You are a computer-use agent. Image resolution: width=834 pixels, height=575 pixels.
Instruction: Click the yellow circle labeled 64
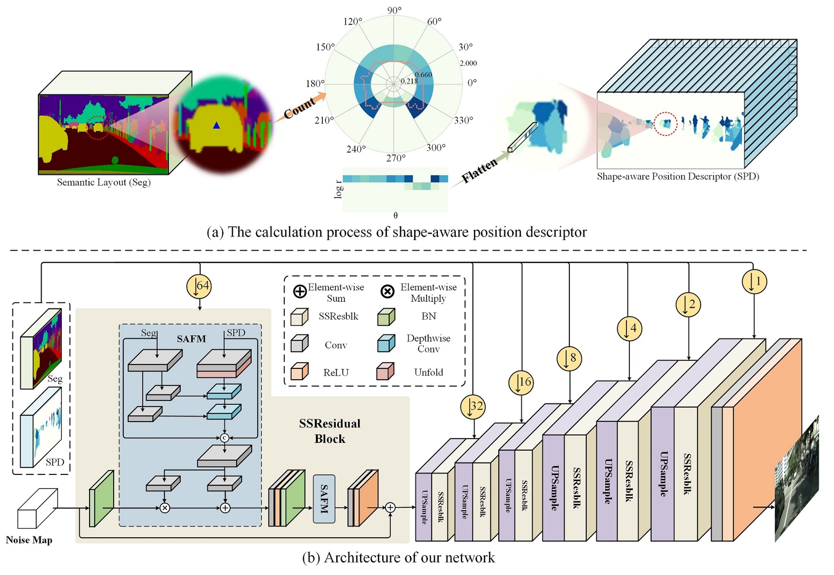point(199,286)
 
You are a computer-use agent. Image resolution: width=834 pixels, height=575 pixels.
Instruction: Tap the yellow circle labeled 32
point(473,406)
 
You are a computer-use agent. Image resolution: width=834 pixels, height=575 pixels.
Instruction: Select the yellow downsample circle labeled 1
point(754,281)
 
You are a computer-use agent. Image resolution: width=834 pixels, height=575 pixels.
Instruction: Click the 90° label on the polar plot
point(394,11)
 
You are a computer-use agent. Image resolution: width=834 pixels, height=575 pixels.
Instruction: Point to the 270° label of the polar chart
point(396,158)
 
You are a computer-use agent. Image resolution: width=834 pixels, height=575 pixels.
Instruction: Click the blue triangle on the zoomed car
point(216,126)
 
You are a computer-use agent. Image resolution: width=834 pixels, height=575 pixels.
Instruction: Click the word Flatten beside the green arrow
point(479,170)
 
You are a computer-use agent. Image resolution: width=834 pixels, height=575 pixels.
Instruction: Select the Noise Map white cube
point(37,509)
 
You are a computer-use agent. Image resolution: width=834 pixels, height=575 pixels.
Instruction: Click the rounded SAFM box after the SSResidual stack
point(324,499)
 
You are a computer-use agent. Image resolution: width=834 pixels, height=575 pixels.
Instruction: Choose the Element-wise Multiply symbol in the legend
point(387,291)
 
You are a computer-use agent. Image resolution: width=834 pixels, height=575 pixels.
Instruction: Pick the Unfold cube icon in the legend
point(385,371)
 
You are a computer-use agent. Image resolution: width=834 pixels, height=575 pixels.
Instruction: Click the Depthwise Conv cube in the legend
point(386,343)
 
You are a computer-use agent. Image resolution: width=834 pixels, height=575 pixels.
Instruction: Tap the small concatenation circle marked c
point(224,438)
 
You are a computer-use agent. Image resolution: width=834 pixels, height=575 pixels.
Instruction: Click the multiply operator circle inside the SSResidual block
point(165,508)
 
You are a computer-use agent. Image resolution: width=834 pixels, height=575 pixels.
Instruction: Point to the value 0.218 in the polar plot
point(409,81)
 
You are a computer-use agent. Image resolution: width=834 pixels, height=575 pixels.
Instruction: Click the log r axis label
point(338,189)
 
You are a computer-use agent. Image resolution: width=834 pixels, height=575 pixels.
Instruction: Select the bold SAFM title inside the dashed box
point(191,339)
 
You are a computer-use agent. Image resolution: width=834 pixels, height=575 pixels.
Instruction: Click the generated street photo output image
point(796,479)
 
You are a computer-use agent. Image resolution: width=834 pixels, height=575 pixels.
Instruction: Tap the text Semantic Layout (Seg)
point(104,182)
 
